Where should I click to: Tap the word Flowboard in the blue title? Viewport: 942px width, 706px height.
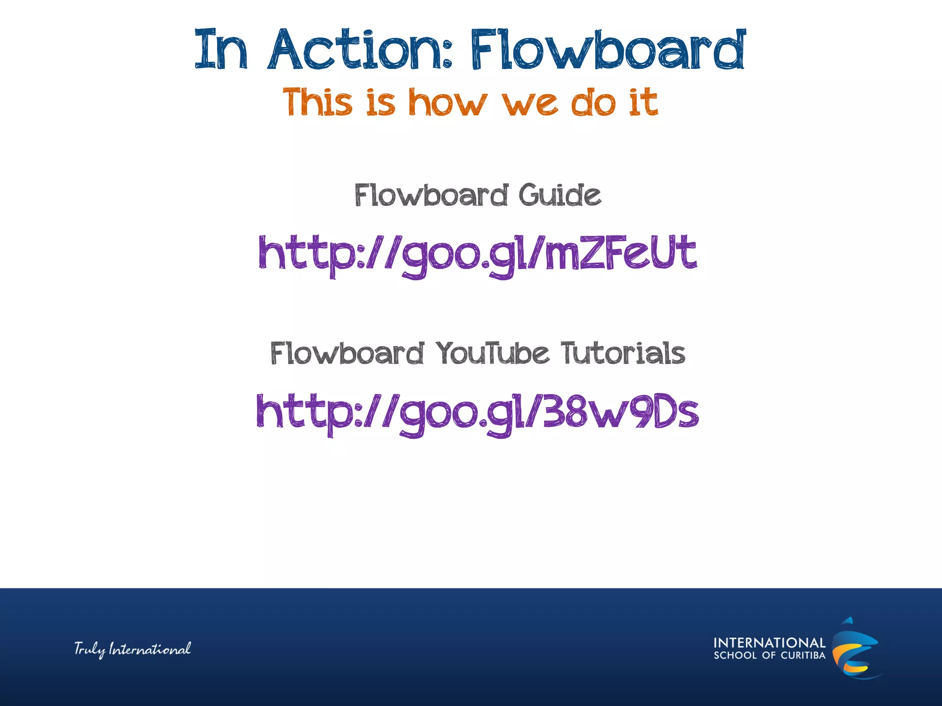pos(607,50)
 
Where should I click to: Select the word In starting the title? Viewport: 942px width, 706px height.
pos(221,50)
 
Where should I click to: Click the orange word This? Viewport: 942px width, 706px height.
pos(318,102)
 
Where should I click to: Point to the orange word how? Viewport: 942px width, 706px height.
pos(448,102)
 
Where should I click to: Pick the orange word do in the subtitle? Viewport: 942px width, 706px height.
pos(593,102)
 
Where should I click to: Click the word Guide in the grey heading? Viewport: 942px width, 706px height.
pos(560,195)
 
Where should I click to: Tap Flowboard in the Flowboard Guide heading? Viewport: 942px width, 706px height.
pos(431,195)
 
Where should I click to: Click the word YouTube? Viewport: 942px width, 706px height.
pos(492,353)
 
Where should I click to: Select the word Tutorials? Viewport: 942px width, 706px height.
pos(623,353)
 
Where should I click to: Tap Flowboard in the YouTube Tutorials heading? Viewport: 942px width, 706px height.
pos(347,353)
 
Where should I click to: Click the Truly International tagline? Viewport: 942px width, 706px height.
pos(132,649)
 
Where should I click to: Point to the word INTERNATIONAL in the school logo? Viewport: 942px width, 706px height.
pos(770,643)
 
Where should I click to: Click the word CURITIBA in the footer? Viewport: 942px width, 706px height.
pos(803,655)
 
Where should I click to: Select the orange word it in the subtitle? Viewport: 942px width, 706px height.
pos(643,102)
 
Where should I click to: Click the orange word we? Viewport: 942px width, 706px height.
pos(530,102)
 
